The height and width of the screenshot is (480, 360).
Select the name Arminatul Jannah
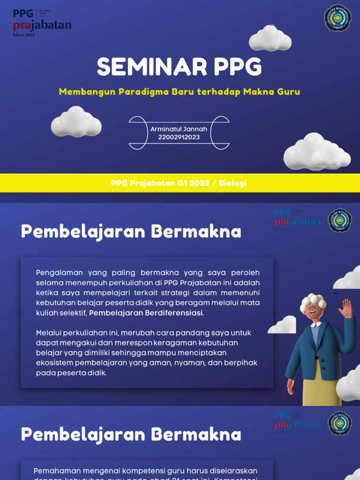click(179, 129)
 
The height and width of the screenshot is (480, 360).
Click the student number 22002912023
click(179, 137)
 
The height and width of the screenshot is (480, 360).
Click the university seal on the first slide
click(338, 18)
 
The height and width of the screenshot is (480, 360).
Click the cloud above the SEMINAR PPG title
click(270, 39)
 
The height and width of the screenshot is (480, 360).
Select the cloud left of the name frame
click(76, 121)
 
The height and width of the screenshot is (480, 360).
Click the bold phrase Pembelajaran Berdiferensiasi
click(146, 313)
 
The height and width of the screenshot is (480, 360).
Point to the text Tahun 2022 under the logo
click(24, 35)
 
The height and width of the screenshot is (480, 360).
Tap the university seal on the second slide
click(340, 220)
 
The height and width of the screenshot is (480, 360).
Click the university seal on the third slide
click(340, 423)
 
